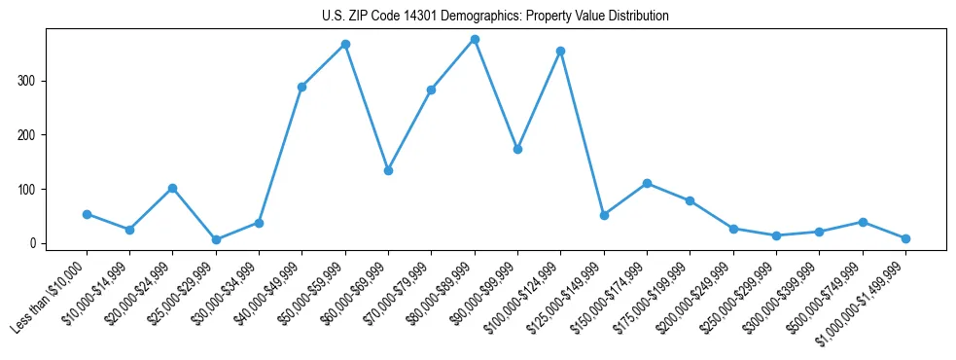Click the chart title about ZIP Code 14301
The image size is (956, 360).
tap(495, 16)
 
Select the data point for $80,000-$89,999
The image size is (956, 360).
tap(475, 40)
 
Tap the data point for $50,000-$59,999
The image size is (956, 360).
tap(345, 45)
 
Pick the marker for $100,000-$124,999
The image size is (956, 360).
tap(560, 51)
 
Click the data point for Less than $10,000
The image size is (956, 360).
tap(87, 214)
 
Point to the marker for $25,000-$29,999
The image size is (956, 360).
tap(216, 239)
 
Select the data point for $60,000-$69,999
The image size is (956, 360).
tap(388, 170)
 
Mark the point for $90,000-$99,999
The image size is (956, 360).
tap(517, 149)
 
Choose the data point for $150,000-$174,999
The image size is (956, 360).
tap(647, 183)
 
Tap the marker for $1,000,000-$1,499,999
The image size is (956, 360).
tap(905, 238)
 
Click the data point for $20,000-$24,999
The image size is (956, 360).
tap(172, 188)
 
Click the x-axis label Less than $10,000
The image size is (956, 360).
tap(51, 292)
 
